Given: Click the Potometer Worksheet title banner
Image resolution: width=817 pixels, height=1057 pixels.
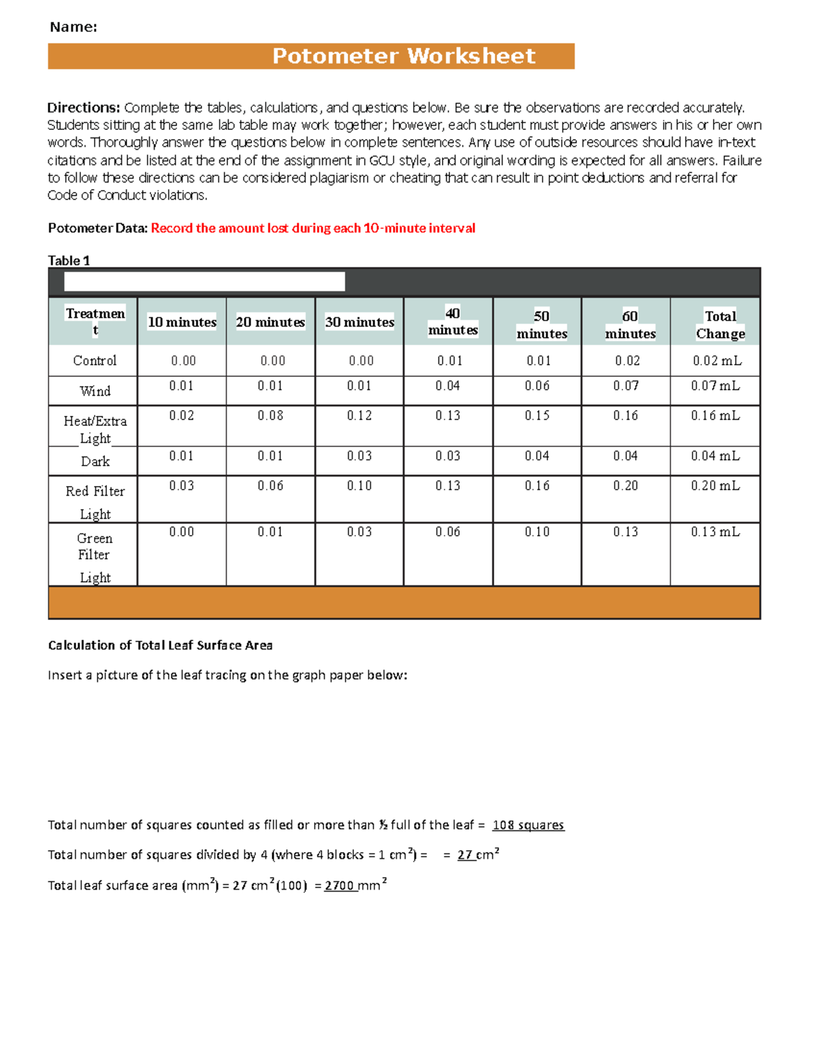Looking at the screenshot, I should pos(404,56).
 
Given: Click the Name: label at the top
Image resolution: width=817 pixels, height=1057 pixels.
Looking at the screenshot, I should pos(74,27).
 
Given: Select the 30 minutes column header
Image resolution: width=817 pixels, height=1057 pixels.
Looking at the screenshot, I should pos(359,322).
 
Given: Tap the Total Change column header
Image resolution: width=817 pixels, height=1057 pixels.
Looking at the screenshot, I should pos(720,325).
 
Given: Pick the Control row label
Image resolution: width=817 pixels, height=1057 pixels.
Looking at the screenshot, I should pos(95,361).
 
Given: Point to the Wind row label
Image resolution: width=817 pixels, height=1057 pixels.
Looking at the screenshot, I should pos(95,391).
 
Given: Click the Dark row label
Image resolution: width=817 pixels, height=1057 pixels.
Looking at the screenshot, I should pos(95,461).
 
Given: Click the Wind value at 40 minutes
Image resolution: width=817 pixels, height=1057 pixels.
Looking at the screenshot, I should pos(448,386).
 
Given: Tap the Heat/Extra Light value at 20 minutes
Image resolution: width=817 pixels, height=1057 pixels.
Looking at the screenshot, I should pos(270,415).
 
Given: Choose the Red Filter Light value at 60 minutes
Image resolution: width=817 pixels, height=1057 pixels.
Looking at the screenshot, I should pos(626,485).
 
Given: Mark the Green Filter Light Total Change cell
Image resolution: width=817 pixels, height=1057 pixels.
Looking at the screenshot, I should pos(715,532).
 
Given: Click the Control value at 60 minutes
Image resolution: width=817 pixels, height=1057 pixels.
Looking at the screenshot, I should pos(627,361).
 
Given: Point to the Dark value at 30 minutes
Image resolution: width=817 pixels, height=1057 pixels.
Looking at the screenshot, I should pos(359,456).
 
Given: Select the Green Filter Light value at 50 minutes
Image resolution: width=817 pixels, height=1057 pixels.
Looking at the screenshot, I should pos(537,532).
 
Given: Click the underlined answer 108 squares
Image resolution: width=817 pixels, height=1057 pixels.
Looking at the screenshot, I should pos(528,825).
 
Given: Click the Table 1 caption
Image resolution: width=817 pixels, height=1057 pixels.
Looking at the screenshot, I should pos(69,261).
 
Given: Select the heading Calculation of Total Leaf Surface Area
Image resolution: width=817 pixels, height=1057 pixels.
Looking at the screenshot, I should pos(160,645).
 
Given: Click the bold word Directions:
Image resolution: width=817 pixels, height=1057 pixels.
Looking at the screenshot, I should pos(83,108).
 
